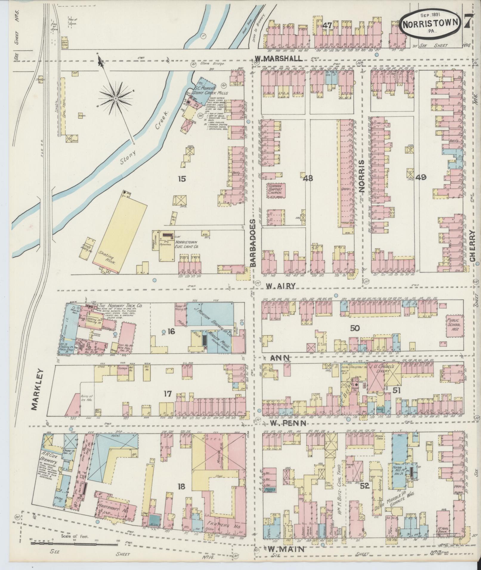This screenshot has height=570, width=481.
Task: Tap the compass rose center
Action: click(116, 98)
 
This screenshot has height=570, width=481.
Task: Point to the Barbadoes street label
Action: click(253, 243)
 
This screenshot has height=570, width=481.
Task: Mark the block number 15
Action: click(182, 179)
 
